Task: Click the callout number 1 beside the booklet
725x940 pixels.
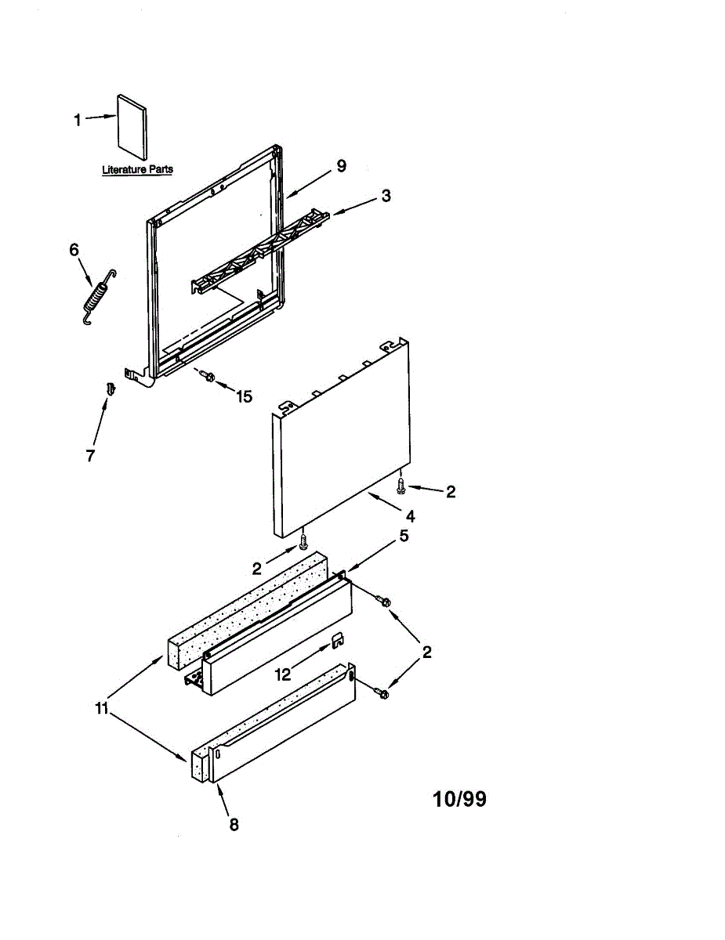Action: click(78, 121)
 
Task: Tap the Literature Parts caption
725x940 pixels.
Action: click(138, 169)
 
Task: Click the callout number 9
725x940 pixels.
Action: click(342, 166)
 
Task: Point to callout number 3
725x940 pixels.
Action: click(386, 196)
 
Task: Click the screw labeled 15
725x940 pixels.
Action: click(206, 375)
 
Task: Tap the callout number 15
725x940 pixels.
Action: click(244, 396)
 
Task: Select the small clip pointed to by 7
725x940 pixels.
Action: click(111, 389)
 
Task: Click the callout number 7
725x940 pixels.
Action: click(90, 456)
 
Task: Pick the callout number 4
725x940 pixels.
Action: click(411, 516)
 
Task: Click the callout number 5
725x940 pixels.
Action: click(404, 536)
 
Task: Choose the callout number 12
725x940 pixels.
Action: click(283, 674)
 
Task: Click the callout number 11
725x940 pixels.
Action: click(102, 709)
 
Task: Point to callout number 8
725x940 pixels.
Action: click(234, 825)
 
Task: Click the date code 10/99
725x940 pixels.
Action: click(459, 799)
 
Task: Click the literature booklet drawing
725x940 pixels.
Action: click(132, 127)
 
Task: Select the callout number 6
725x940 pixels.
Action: click(74, 250)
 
